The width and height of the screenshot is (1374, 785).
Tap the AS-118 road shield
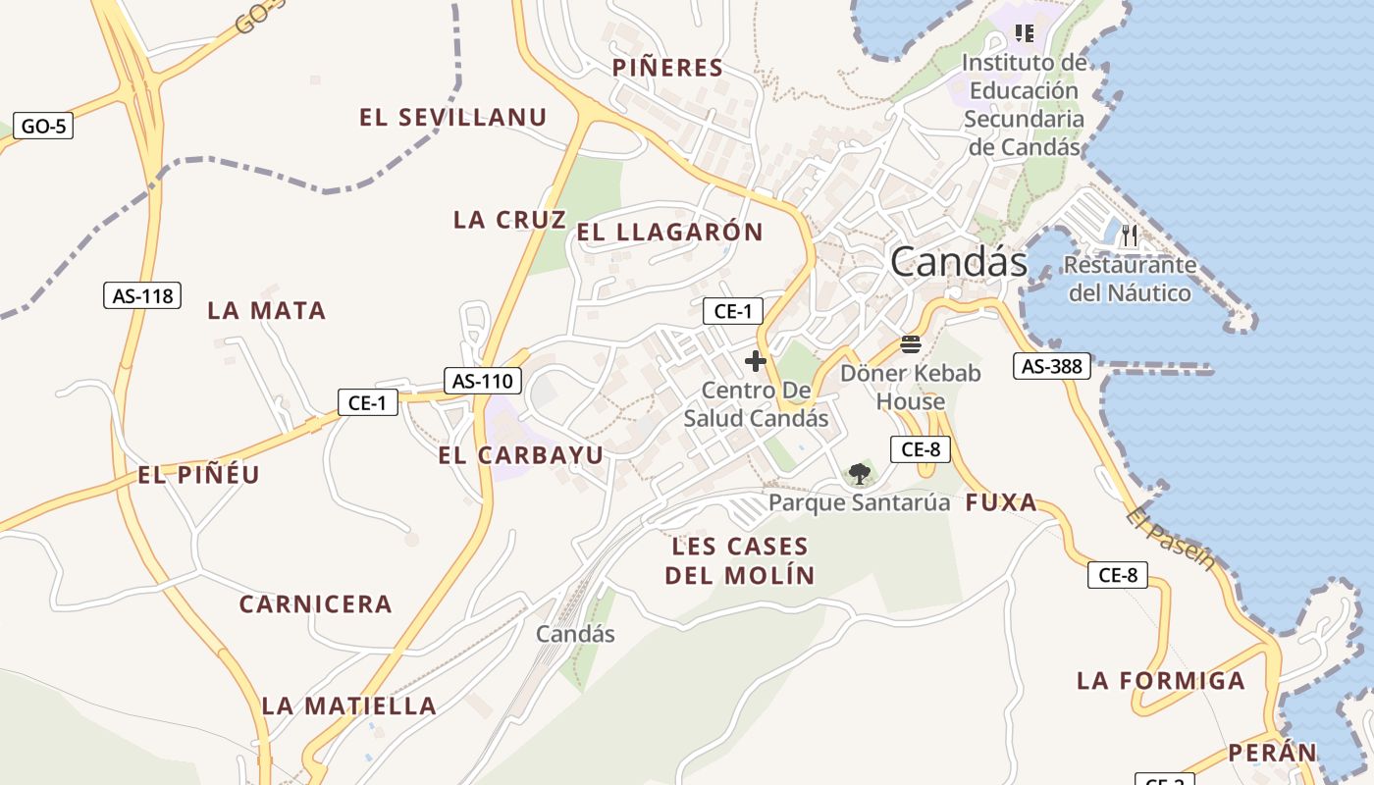tap(142, 294)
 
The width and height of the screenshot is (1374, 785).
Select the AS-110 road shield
tap(482, 381)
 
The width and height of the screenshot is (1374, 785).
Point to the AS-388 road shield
tap(1052, 367)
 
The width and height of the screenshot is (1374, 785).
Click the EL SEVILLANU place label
tap(452, 118)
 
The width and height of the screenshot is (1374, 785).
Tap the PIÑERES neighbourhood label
tap(667, 68)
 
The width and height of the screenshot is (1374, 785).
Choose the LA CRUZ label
tap(509, 220)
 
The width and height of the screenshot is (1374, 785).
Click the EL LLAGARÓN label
tap(669, 233)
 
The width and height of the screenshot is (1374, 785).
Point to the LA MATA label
tap(266, 311)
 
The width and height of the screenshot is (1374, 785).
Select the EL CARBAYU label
tap(520, 455)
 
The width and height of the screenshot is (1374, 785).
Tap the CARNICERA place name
tap(315, 604)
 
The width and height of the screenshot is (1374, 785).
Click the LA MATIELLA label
tap(348, 706)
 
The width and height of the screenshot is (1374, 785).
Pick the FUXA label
tap(1001, 503)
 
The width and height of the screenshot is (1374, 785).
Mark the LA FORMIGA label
tap(1160, 680)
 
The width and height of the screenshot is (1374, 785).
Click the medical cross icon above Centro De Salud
tap(755, 361)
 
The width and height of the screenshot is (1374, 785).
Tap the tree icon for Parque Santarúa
tap(859, 474)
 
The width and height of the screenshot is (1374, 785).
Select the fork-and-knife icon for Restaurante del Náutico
tap(1130, 235)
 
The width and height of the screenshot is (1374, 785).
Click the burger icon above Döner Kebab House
tap(911, 344)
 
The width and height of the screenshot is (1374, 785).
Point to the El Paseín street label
tap(1171, 539)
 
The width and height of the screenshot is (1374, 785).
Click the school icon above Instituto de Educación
tap(1025, 33)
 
